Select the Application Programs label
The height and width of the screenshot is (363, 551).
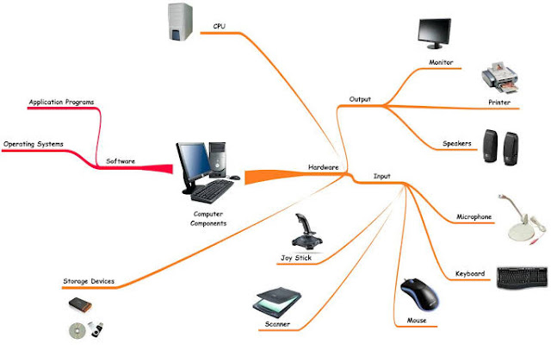point(61,102)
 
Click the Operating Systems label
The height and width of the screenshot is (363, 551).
point(33,144)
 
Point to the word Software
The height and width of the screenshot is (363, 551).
point(121,160)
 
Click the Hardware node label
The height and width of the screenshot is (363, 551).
point(323,166)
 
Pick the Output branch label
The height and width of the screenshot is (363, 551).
point(360,99)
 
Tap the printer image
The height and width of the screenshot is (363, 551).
point(501,78)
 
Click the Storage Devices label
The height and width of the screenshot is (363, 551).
point(88,282)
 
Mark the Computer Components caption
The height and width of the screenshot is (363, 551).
point(208,217)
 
